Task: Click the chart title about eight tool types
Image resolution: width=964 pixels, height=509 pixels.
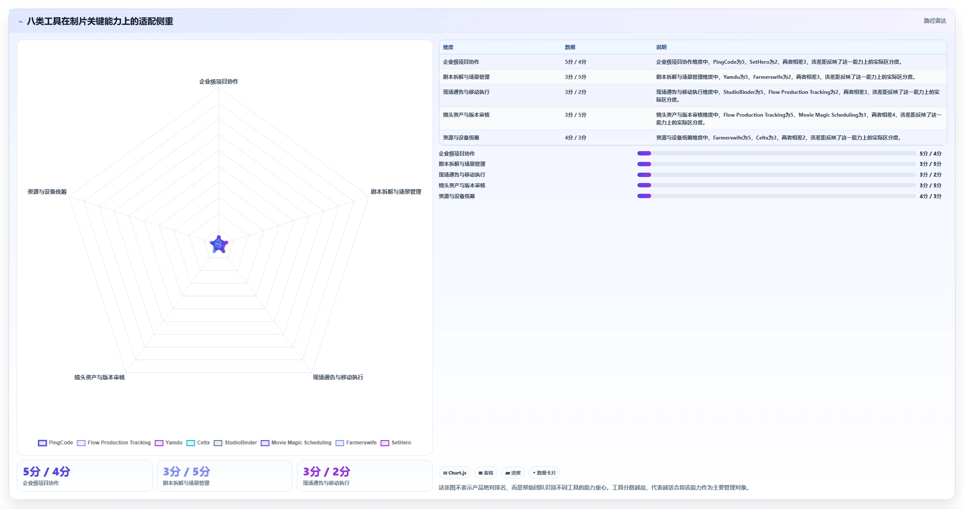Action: click(x=100, y=21)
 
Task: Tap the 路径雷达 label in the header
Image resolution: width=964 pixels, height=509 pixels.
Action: click(x=935, y=21)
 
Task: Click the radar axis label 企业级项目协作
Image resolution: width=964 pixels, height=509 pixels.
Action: click(x=219, y=81)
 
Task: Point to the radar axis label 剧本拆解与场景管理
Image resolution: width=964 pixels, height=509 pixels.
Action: click(x=396, y=192)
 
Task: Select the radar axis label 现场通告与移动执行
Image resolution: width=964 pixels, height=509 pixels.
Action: click(x=338, y=377)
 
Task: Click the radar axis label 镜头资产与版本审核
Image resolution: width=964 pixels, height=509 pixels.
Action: click(x=99, y=377)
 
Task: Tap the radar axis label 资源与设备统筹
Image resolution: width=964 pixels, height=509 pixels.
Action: click(x=47, y=192)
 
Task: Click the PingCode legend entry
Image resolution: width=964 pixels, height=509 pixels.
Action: click(x=56, y=443)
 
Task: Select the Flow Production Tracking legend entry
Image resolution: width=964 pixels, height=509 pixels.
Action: click(x=114, y=443)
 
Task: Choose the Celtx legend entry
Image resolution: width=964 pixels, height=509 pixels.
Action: click(x=198, y=443)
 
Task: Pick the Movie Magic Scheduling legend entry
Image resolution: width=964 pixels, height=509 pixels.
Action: click(x=296, y=443)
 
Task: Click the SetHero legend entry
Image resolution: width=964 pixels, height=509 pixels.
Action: click(x=396, y=443)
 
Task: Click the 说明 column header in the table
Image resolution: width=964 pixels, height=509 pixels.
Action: click(x=661, y=47)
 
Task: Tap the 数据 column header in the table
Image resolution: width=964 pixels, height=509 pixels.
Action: click(x=570, y=47)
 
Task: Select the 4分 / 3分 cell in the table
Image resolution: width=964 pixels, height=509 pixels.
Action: click(x=575, y=138)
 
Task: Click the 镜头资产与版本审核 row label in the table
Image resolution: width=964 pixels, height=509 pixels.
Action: click(x=466, y=115)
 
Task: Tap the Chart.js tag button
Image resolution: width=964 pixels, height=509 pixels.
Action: click(x=455, y=473)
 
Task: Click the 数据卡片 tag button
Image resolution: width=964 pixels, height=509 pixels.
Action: click(x=544, y=473)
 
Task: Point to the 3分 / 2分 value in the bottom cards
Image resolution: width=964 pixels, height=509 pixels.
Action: click(x=326, y=472)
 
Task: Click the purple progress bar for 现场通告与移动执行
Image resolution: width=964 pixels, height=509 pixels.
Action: click(x=644, y=175)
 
